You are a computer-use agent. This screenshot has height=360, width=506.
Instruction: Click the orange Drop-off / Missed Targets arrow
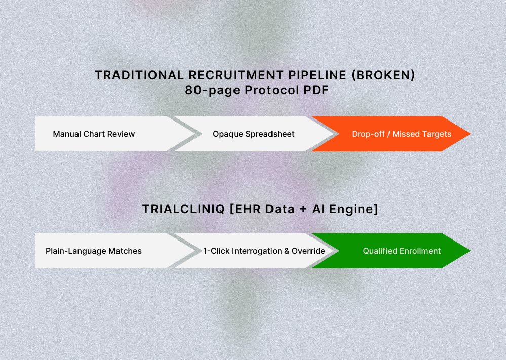tap(391, 134)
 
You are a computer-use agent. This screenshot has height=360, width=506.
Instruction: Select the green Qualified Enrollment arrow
tap(391, 251)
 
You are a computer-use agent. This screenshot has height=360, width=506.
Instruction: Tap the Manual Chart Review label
tap(94, 134)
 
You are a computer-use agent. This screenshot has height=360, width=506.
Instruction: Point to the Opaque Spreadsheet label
tap(254, 134)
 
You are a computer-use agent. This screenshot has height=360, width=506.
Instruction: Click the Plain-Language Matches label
tap(94, 251)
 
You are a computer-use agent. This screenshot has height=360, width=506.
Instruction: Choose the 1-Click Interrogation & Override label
tap(264, 251)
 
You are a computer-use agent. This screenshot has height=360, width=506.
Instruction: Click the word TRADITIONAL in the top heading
tap(139, 75)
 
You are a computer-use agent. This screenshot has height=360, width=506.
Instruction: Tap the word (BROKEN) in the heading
tap(383, 75)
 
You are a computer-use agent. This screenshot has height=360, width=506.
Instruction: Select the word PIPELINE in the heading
tap(317, 75)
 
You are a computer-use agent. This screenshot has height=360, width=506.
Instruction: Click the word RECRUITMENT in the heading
tap(236, 75)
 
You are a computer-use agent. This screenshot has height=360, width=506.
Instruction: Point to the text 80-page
tap(213, 90)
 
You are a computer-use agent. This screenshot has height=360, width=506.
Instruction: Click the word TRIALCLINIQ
tap(183, 209)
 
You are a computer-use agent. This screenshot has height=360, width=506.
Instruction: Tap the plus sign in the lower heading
tap(303, 209)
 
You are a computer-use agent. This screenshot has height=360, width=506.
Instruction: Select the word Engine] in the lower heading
tap(354, 209)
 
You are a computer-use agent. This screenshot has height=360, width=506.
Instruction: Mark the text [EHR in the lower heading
tap(245, 209)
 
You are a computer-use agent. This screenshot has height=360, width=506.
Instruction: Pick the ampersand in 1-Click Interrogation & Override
tap(287, 251)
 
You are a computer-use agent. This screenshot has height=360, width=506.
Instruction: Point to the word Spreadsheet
tap(270, 134)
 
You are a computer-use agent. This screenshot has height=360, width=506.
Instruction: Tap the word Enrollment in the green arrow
tap(420, 251)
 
